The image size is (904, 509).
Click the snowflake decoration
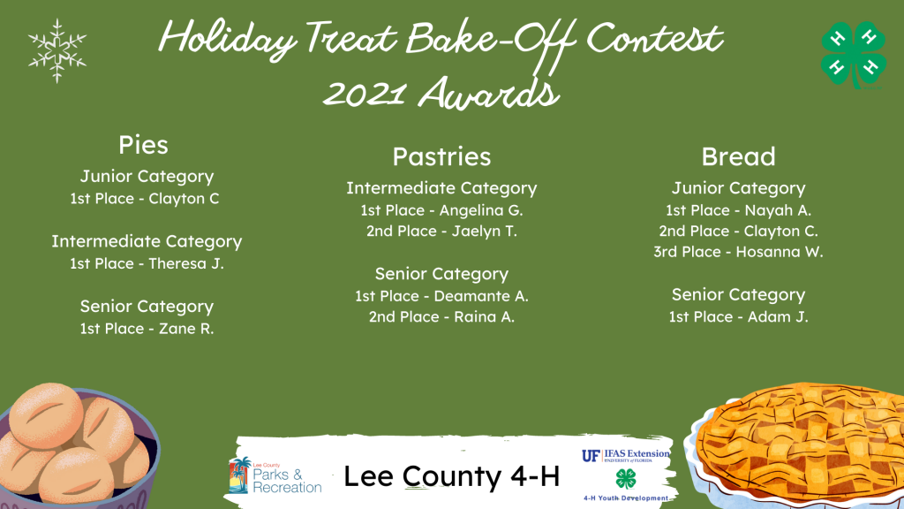57,50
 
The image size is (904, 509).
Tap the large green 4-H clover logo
854,55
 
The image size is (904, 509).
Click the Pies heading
143,145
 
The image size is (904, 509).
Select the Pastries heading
441,157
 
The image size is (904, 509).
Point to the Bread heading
739,157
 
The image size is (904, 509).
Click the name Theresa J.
186,263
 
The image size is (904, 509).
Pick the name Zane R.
186,329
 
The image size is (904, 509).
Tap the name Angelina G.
481,210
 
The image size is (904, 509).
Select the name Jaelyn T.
485,232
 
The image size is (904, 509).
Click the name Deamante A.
481,296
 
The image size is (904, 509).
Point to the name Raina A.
485,317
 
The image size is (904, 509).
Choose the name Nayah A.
778,210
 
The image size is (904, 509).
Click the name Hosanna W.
780,252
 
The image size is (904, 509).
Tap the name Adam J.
778,317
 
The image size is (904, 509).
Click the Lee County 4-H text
451,476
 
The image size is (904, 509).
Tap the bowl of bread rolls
79,445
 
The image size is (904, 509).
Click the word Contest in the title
654,39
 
